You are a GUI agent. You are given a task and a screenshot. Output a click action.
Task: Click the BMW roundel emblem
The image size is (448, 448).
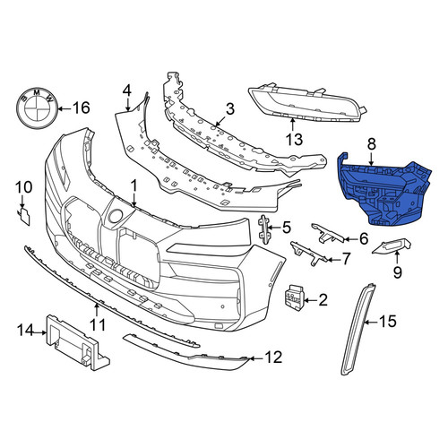(x=36, y=108)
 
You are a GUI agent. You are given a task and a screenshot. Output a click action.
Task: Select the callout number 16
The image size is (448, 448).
(x=82, y=108)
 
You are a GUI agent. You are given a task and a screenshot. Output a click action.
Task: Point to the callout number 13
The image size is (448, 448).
(x=294, y=139)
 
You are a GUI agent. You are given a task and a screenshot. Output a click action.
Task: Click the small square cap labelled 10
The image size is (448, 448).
(x=25, y=217)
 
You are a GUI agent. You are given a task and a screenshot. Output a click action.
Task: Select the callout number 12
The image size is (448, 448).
(x=273, y=358)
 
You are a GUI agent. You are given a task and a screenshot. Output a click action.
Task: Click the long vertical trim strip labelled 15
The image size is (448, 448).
(x=358, y=329)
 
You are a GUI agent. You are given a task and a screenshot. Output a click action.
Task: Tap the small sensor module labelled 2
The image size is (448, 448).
(x=295, y=299)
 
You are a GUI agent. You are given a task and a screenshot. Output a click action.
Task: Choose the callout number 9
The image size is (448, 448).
(x=397, y=272)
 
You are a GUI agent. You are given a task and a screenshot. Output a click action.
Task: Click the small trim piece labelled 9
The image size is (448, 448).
(x=392, y=246)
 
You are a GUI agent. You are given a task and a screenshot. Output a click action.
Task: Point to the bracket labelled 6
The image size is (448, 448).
(x=328, y=234)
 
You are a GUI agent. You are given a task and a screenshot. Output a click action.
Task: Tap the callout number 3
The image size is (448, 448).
(x=230, y=109)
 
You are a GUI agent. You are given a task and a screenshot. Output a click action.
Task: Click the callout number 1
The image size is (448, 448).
(x=134, y=187)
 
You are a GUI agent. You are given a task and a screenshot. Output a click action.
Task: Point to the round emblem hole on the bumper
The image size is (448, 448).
(x=116, y=216)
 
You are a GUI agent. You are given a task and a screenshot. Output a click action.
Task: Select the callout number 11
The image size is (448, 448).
(x=98, y=324)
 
